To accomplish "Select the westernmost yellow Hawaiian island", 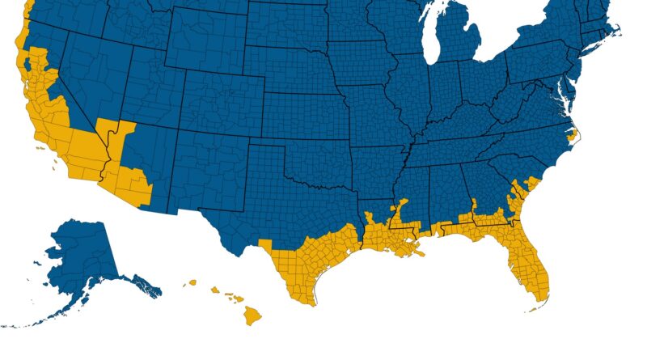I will (192, 283).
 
